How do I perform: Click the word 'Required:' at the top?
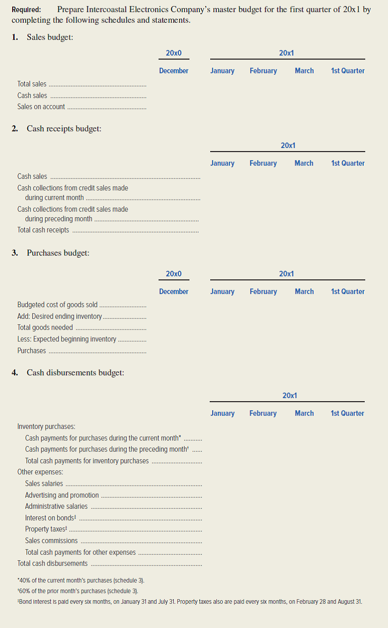pos(26,10)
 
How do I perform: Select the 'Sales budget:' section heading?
pos(50,37)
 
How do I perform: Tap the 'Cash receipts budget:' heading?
pos(64,129)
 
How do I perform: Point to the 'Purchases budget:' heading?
pos(58,253)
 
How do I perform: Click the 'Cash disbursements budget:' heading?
pos(75,373)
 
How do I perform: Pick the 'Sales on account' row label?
pos(41,107)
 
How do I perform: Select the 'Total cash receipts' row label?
pos(43,230)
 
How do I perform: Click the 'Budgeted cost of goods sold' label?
pos(57,305)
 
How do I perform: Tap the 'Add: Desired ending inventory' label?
pos(59,316)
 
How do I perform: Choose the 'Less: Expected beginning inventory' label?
pos(66,339)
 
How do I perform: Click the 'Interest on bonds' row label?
pos(51,518)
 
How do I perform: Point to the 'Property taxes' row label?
pos(45,529)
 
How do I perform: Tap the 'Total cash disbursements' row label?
pos(52,563)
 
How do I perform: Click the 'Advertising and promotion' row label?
pos(62,495)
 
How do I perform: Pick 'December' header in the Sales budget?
pos(173,71)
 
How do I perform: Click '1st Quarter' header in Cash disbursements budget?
pos(348,413)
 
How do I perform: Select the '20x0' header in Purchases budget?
pos(173,274)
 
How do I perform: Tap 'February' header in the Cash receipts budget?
pos(263,163)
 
